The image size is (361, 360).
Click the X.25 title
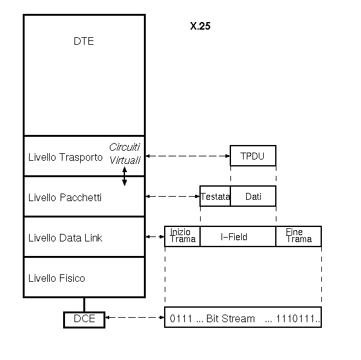(x=200, y=26)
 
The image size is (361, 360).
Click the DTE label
(x=84, y=42)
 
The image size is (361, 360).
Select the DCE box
(x=85, y=320)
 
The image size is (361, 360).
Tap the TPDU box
(x=253, y=156)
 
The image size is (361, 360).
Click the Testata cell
(x=215, y=196)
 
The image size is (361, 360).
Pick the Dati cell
(x=253, y=196)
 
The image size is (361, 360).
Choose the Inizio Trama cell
(x=182, y=236)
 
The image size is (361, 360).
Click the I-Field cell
(x=238, y=236)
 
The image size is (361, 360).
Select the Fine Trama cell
(x=299, y=236)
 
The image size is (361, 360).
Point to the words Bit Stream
(x=230, y=319)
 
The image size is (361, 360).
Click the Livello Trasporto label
(x=66, y=158)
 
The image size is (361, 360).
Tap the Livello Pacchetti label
(x=65, y=197)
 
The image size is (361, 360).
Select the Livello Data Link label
(x=65, y=238)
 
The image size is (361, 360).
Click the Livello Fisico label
(x=57, y=278)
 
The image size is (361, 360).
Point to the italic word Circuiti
(x=124, y=148)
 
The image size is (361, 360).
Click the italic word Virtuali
(x=125, y=160)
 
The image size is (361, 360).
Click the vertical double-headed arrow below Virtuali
(x=124, y=177)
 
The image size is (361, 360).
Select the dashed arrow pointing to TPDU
(x=188, y=156)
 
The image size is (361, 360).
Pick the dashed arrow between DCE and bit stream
(x=134, y=318)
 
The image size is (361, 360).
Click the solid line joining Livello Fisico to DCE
(x=85, y=305)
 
